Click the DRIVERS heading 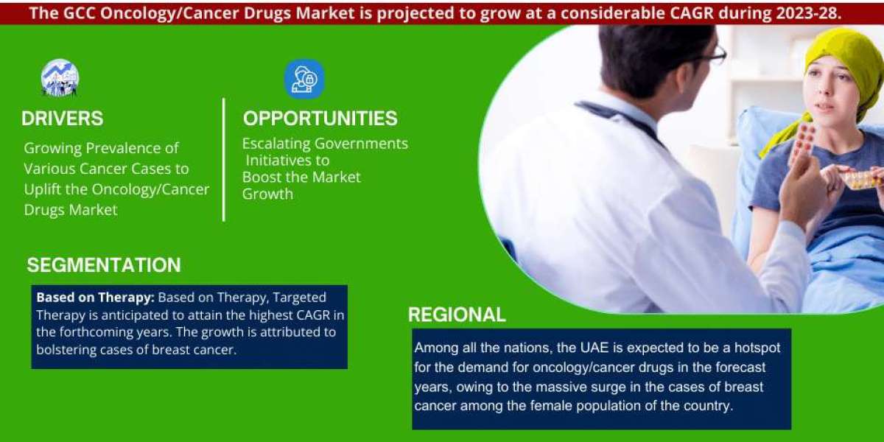coord(63,119)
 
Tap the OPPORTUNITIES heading coord(320,119)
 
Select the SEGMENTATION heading coord(104,265)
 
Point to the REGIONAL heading coord(457,315)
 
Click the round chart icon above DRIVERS coord(60,78)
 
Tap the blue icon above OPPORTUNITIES coord(305,79)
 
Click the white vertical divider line coord(224,159)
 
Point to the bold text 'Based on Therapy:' coord(96,297)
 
